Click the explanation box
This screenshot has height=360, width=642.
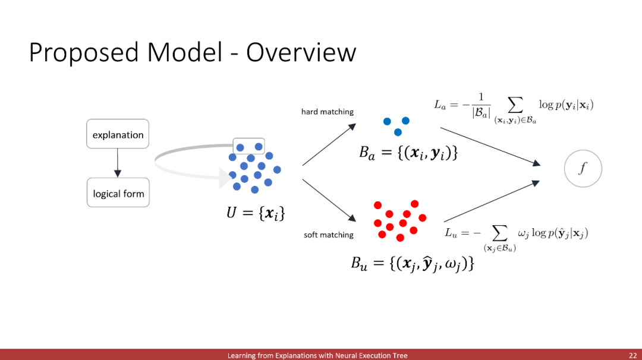click(x=118, y=135)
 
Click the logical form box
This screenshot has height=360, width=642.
click(x=118, y=194)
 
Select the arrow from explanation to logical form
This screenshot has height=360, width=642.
click(x=118, y=163)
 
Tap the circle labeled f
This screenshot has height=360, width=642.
click(x=583, y=169)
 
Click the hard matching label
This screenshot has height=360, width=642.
click(x=328, y=112)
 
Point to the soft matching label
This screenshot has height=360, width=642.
click(x=329, y=235)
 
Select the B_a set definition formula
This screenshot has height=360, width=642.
click(x=408, y=152)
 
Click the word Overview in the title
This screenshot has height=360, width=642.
click(x=301, y=53)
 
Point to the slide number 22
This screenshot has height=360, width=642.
click(x=632, y=355)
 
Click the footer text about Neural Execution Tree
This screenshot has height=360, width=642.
click(x=317, y=355)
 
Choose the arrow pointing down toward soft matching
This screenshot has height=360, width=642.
click(x=329, y=198)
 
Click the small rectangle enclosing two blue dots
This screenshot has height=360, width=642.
click(x=248, y=146)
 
